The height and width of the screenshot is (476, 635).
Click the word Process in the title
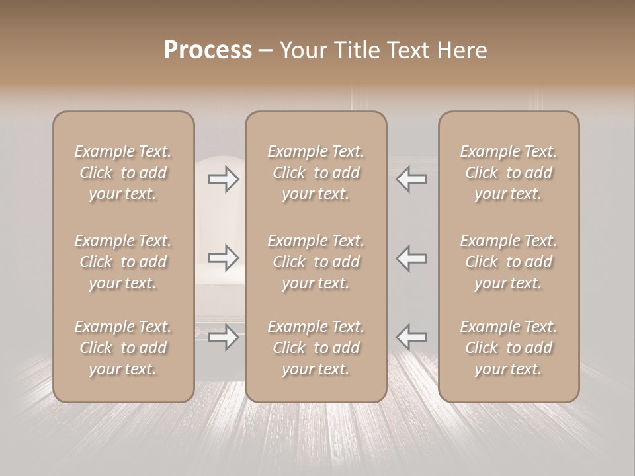tap(208, 50)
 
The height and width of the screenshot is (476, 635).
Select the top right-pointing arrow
tap(223, 179)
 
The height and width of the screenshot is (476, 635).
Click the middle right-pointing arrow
tap(223, 258)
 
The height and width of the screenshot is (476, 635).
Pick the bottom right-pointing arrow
tap(223, 337)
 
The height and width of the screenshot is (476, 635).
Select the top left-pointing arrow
tap(411, 179)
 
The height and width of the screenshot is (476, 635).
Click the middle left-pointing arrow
tap(411, 258)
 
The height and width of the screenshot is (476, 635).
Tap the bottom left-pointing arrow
tap(411, 337)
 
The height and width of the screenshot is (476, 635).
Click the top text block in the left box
tap(123, 173)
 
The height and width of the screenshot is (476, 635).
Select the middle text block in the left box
tap(123, 262)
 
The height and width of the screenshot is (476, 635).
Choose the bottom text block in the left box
tap(123, 348)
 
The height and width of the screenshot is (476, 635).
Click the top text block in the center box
tap(316, 173)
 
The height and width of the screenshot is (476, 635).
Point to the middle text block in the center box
tap(316, 262)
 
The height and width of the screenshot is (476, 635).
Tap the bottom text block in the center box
tap(316, 348)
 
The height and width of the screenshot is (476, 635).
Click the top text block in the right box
tap(509, 173)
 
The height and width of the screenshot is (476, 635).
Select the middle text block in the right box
tap(509, 262)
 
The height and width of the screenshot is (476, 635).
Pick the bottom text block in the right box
tap(509, 348)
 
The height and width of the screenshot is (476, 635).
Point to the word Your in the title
tap(302, 50)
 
